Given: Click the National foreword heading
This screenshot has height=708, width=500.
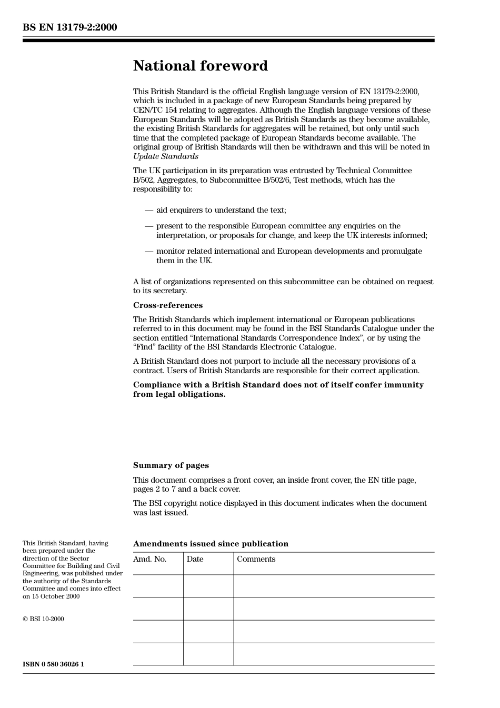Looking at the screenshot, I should [x=200, y=66].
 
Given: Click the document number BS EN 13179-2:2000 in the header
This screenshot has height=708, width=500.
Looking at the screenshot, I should [x=69, y=27].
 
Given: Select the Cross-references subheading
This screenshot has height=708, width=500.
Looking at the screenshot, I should [x=167, y=305].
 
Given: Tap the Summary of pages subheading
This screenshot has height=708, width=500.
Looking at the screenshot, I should [x=171, y=465].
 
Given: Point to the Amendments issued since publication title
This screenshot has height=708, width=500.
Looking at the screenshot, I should [x=211, y=544].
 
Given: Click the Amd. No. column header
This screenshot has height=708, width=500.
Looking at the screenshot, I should [x=149, y=559].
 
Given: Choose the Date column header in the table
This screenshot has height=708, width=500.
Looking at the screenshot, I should [x=195, y=559].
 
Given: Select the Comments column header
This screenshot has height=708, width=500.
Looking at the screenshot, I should [x=256, y=559].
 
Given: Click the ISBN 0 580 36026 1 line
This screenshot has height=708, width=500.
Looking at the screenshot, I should [x=53, y=664].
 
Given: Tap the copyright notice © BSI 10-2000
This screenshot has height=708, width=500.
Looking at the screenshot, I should [x=43, y=619].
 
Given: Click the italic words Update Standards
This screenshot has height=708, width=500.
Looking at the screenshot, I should [x=165, y=156].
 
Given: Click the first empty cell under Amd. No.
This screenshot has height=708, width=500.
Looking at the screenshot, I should [x=158, y=586].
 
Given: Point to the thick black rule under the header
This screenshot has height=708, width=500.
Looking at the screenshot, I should [x=228, y=41].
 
